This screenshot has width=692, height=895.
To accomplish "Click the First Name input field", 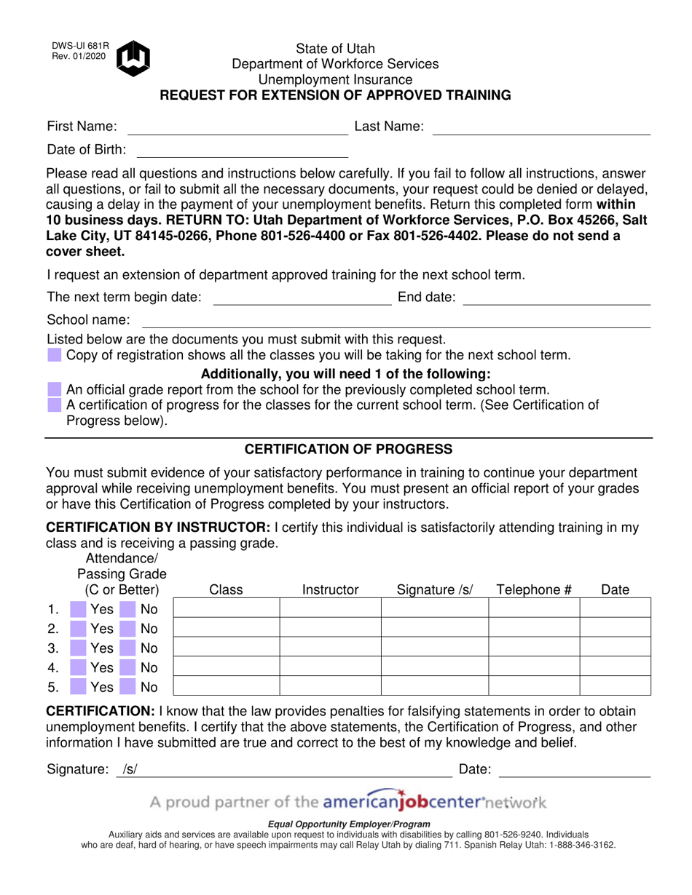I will [237, 127].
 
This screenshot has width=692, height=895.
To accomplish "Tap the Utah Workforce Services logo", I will [133, 58].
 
